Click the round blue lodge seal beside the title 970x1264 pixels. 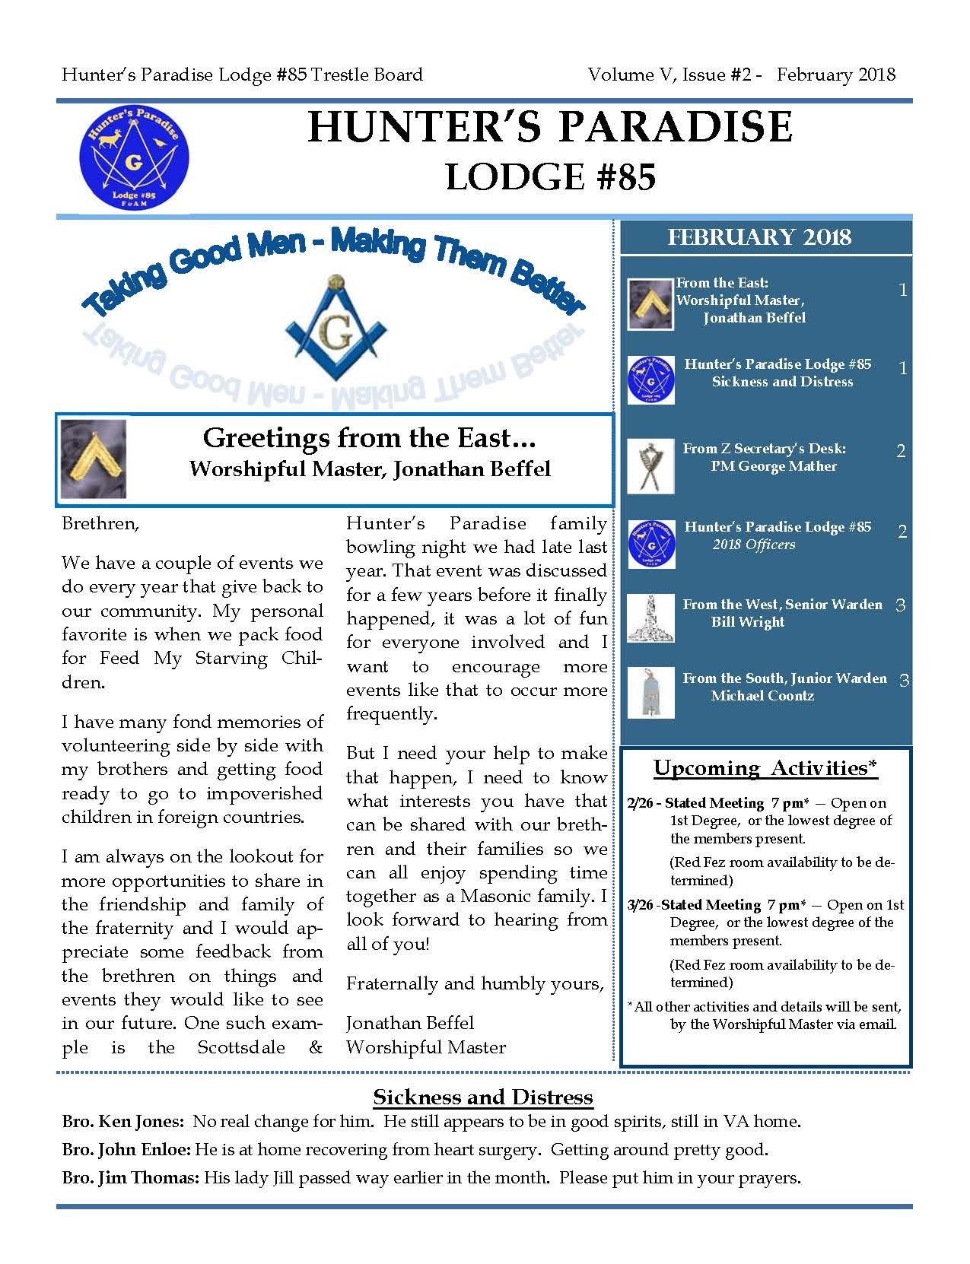click(x=134, y=157)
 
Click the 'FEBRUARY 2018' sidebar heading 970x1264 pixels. click(x=759, y=237)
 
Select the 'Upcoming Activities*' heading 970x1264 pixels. click(x=765, y=768)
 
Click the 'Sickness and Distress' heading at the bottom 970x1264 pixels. click(x=482, y=1097)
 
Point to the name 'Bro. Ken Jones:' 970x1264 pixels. click(x=122, y=1121)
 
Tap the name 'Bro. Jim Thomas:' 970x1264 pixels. click(x=130, y=1178)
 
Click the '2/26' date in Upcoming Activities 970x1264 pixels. click(x=640, y=803)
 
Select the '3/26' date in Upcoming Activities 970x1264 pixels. click(x=641, y=905)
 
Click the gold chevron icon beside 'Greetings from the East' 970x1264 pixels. click(x=94, y=459)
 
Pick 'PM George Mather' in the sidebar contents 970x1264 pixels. click(x=774, y=466)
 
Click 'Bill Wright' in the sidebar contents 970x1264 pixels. click(x=747, y=622)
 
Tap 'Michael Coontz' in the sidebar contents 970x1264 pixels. click(x=762, y=696)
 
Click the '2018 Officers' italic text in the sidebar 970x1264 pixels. click(x=754, y=545)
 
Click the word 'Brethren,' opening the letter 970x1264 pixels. click(x=100, y=524)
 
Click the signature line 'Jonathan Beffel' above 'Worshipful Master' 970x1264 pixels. click(x=409, y=1023)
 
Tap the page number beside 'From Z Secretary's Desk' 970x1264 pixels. click(x=901, y=451)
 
